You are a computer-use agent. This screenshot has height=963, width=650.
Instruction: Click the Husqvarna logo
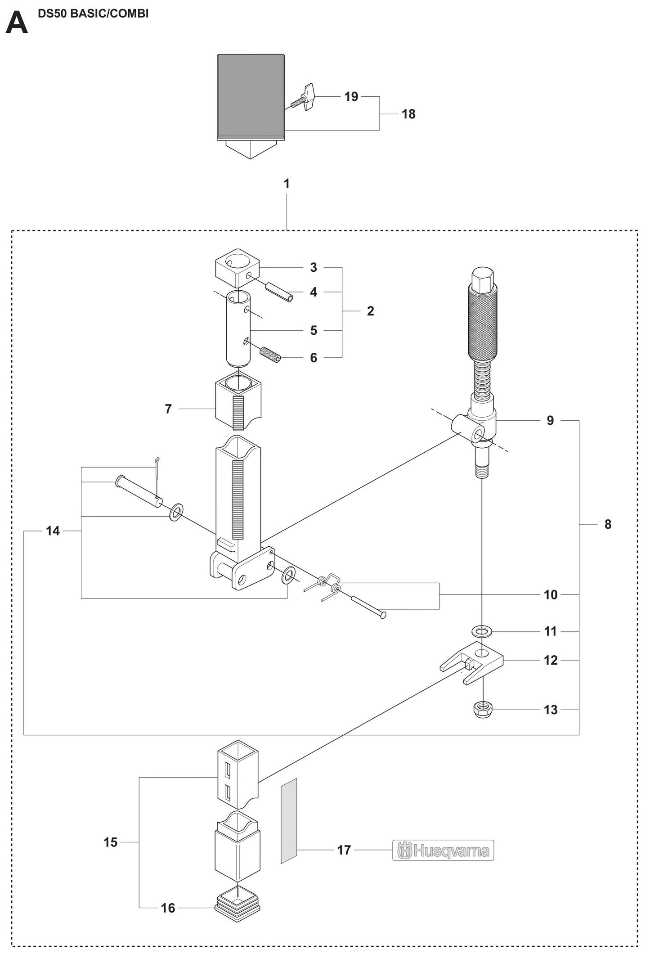443,850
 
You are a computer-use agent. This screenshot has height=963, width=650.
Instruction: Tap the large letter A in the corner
17,23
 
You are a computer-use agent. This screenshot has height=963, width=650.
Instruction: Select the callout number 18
408,114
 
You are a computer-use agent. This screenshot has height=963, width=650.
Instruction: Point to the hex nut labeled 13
483,710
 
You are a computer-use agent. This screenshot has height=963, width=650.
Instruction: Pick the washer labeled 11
481,631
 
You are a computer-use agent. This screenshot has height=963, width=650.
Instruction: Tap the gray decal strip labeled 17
289,820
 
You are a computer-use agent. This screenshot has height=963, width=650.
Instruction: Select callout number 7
168,409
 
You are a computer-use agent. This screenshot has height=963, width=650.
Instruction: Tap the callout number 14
53,531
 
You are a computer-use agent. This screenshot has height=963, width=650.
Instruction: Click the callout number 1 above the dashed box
287,184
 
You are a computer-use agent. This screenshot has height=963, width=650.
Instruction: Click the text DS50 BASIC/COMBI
93,13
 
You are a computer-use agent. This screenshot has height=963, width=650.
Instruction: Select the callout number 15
110,842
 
